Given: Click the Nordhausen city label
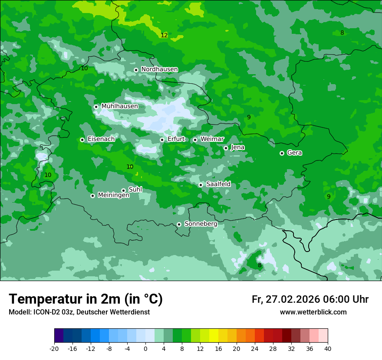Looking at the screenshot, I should point(159,69).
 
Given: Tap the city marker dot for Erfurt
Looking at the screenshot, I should point(162,140).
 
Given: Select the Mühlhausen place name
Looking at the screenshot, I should point(119,106).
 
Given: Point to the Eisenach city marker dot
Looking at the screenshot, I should point(82,140).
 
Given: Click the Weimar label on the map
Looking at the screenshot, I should point(212,139).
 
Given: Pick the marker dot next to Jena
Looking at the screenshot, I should point(226,148).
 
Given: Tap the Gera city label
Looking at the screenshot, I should point(294,153).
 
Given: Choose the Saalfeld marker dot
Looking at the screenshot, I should point(201,185).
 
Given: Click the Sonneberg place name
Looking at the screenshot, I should point(201,224).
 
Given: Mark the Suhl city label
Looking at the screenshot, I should point(135,190).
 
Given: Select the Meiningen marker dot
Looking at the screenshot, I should point(92,196).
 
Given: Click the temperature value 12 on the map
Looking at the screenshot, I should point(164,35).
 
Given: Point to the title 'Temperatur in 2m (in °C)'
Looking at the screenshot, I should point(86,299).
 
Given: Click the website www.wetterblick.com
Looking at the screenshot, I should point(313,312).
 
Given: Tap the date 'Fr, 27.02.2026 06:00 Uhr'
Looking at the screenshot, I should point(310,299).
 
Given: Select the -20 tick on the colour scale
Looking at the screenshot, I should point(54,348).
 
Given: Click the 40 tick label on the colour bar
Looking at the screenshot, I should point(327,348).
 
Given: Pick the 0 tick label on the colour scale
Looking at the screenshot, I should point(145,348).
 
